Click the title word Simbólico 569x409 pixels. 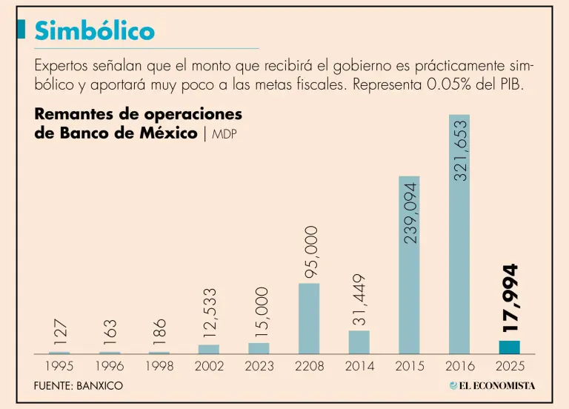[95, 30]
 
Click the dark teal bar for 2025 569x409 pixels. [509, 347]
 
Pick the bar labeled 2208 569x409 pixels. [309, 319]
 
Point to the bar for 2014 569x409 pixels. [359, 342]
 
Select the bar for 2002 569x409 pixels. [209, 349]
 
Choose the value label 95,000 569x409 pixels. [310, 253]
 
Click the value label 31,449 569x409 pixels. [359, 299]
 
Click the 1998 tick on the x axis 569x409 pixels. [159, 366]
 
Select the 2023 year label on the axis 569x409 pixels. [259, 366]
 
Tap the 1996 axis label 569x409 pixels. [109, 366]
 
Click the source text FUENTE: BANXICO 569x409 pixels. [79, 386]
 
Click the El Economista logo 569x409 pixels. [492, 385]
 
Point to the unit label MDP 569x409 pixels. [224, 134]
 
